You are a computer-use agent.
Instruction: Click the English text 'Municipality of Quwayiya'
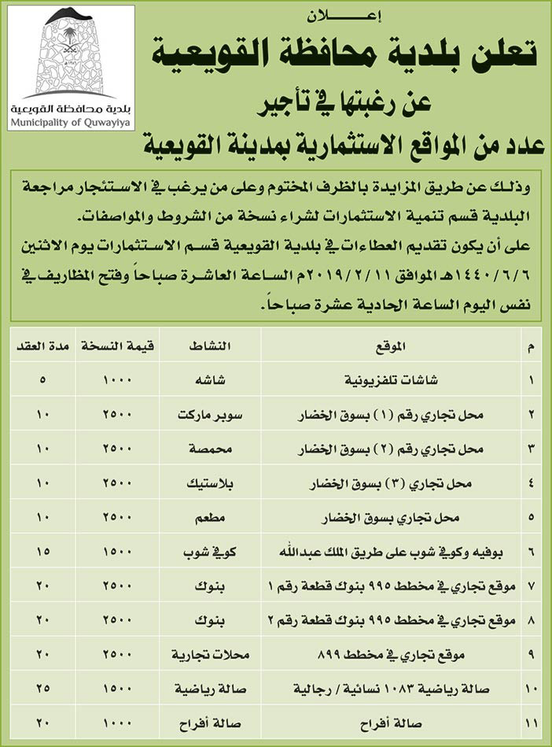(69, 122)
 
